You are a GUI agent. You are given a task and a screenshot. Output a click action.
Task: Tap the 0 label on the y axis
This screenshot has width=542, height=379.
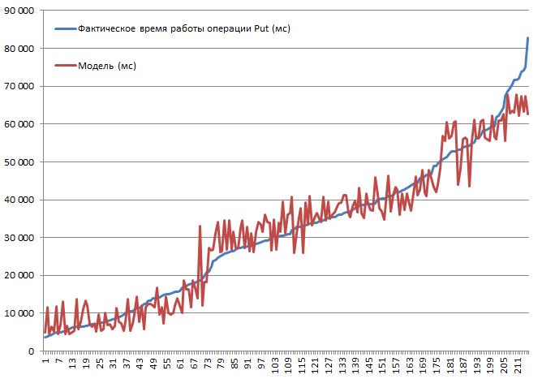[31, 351]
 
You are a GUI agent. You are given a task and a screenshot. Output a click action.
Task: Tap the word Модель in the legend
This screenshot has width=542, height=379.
[97, 66]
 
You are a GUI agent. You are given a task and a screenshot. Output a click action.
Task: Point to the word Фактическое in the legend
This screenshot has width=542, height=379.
[107, 28]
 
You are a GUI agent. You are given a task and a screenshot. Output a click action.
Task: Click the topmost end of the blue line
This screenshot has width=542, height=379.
[528, 38]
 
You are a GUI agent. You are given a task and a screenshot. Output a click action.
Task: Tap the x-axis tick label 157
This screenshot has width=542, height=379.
[395, 364]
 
